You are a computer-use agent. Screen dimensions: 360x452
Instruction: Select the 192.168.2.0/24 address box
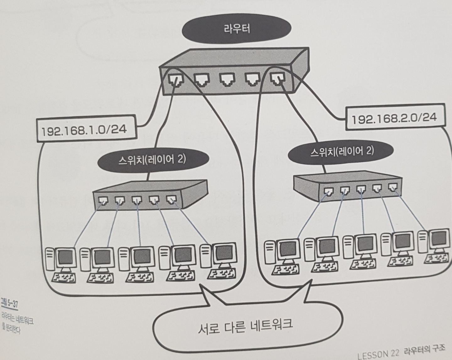(x=394, y=119)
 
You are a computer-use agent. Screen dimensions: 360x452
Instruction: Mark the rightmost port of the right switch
(x=392, y=188)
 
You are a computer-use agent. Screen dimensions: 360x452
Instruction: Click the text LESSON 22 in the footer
(x=378, y=354)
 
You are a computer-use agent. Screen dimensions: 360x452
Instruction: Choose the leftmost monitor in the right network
(x=287, y=248)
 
